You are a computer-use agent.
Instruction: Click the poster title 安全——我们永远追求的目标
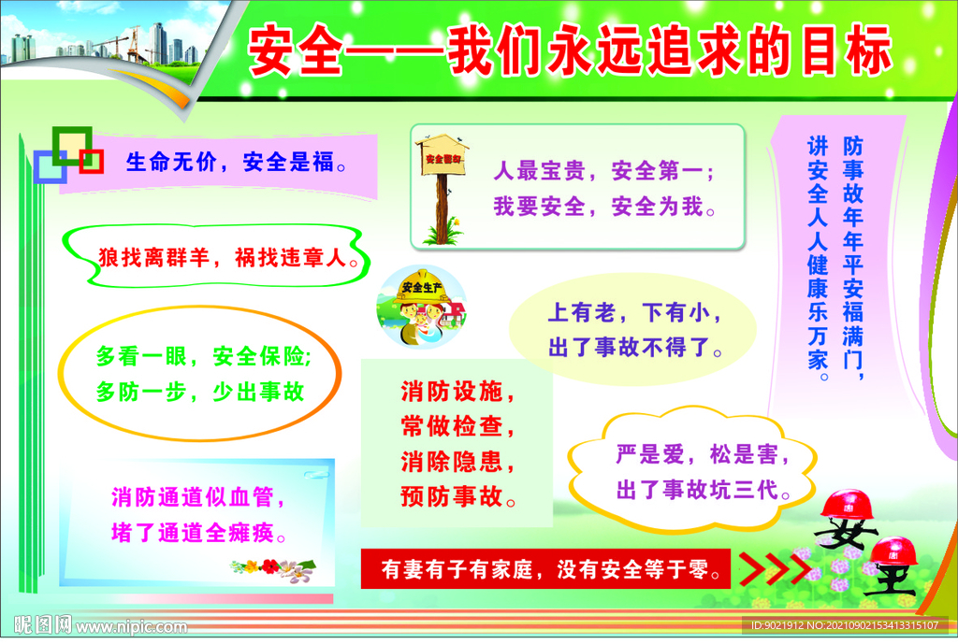pos(571,53)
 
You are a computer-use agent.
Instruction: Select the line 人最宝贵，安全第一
pos(603,172)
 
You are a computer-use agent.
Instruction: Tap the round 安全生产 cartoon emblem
pos(422,308)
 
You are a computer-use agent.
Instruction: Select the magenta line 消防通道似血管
pos(197,496)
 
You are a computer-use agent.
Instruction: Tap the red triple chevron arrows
pos(777,567)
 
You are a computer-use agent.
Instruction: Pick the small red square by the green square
pos(91,161)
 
